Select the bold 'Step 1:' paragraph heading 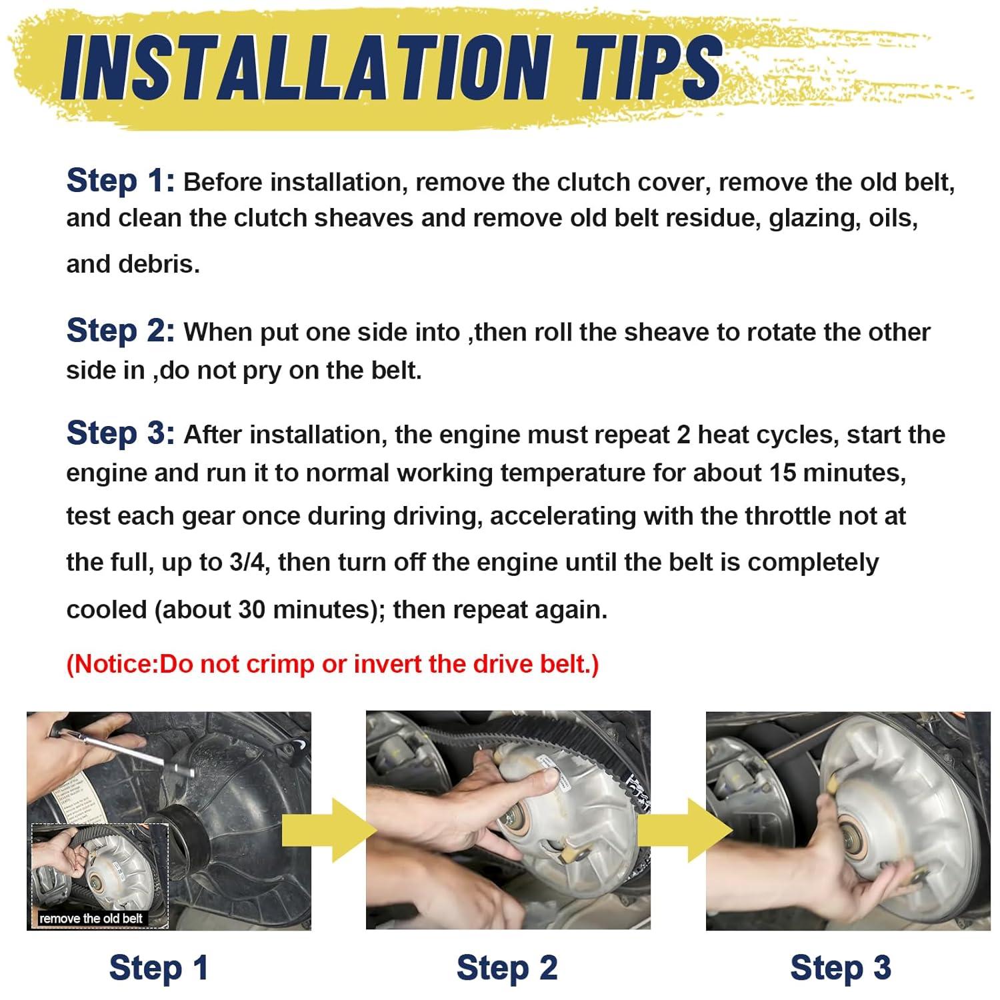click(x=121, y=181)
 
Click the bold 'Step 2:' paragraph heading click(x=121, y=331)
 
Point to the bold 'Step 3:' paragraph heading click(x=121, y=433)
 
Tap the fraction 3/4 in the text click(x=248, y=562)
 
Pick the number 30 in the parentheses click(x=251, y=609)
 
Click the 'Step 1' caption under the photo click(x=159, y=967)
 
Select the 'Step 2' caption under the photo click(x=507, y=967)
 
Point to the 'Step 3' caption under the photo click(x=841, y=967)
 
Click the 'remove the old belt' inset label click(x=91, y=918)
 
